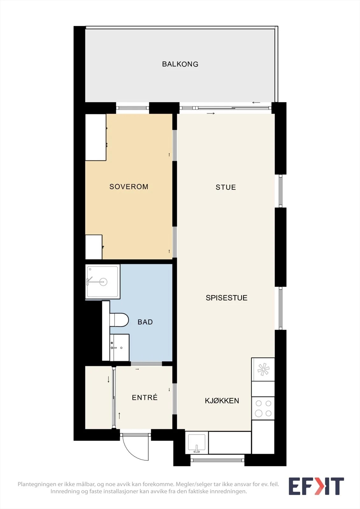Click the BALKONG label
(x=180, y=64)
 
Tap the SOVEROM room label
(x=129, y=186)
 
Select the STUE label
(x=226, y=187)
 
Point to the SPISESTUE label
(x=227, y=298)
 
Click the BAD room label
(x=145, y=322)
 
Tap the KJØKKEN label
(x=222, y=401)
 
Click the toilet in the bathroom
(x=119, y=320)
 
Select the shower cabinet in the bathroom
(x=102, y=282)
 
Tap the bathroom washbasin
(x=119, y=347)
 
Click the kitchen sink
(x=197, y=443)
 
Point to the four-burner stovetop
(x=263, y=408)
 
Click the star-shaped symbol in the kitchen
(x=263, y=369)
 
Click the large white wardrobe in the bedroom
(x=96, y=137)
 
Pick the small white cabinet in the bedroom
(x=94, y=247)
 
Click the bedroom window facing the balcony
(x=133, y=108)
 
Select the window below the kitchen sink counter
(x=217, y=460)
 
